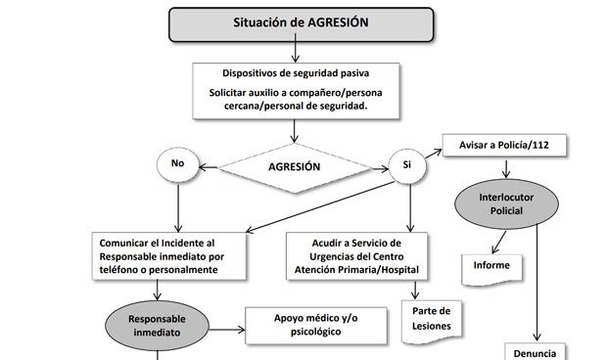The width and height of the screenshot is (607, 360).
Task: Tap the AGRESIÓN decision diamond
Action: pos(294,166)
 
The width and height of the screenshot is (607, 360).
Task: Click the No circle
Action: pos(178,163)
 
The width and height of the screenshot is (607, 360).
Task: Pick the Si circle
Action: pos(406,165)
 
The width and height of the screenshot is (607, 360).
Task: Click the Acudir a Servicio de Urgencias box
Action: pos(355,255)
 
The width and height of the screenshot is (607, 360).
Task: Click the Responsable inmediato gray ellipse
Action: pos(156,326)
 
